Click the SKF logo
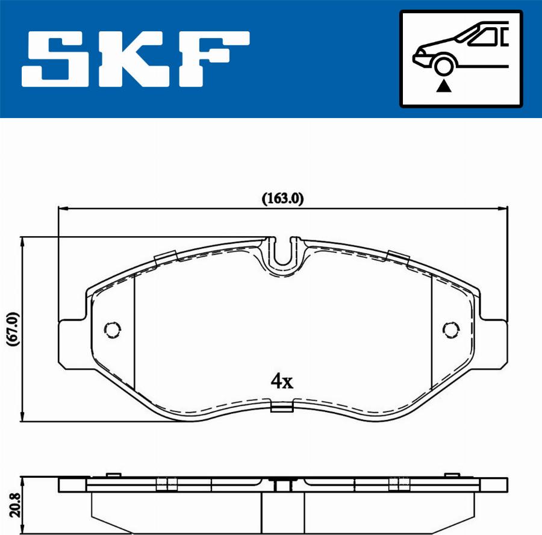(135, 58)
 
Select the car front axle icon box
(461, 58)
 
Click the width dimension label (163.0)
(282, 198)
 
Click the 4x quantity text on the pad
(281, 381)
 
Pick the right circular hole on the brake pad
(450, 329)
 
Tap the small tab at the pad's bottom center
(282, 408)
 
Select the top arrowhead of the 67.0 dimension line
(23, 242)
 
